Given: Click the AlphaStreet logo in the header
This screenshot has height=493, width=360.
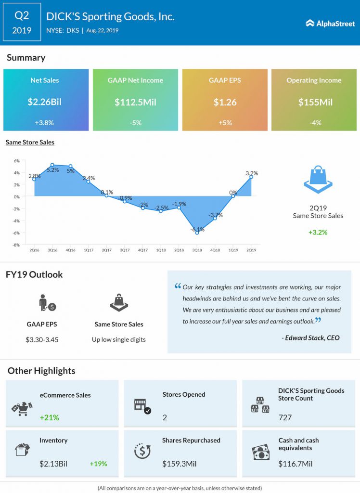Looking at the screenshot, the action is [330, 23].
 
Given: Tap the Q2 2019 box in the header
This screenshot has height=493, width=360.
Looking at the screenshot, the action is [22, 22].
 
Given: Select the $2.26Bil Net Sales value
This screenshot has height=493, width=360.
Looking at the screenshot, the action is [44, 102].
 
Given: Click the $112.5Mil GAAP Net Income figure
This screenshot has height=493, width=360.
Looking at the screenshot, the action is [135, 102].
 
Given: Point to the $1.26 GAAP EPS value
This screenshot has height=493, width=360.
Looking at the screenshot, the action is [225, 102].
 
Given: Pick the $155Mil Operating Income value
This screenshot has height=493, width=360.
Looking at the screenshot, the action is [315, 102].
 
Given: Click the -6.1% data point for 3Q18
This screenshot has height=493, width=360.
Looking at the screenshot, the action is [197, 233].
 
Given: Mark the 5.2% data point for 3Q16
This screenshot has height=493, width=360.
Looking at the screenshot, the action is [52, 165].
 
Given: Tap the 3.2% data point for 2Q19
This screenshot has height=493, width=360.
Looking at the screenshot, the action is [251, 177].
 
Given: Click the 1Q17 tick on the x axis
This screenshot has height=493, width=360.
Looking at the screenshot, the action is [89, 250].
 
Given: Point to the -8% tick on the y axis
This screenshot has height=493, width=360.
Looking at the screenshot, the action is [16, 245].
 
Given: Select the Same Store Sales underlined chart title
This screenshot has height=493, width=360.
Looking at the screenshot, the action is [30, 142].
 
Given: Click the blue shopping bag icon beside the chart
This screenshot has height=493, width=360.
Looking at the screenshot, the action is [318, 179].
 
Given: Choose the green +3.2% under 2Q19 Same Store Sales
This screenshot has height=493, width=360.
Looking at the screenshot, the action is [318, 233].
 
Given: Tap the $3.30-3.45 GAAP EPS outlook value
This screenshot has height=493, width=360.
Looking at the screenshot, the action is [42, 339].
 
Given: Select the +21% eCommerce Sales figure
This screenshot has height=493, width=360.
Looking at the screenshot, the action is [50, 417].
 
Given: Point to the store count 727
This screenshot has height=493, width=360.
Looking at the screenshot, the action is [285, 417].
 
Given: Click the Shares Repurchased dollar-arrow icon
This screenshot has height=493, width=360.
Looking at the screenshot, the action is [142, 451].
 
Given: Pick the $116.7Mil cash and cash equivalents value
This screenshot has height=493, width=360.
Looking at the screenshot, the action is [295, 464].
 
